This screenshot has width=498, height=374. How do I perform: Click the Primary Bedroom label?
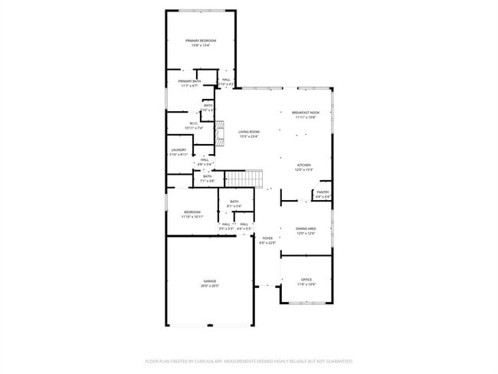pyautogui.click(x=201, y=41)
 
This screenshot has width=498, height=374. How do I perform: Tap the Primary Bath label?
pyautogui.click(x=190, y=81)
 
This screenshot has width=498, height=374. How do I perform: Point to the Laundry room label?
pyautogui.click(x=179, y=150)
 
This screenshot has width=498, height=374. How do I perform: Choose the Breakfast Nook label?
pyautogui.click(x=306, y=113)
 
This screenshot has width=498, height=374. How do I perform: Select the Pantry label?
pyautogui.click(x=323, y=192)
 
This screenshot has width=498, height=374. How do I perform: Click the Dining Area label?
pyautogui.click(x=306, y=229)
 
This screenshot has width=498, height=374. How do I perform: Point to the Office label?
pyautogui.click(x=306, y=280)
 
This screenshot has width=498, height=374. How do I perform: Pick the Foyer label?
pyautogui.click(x=267, y=238)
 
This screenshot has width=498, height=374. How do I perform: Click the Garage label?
pyautogui.click(x=209, y=281)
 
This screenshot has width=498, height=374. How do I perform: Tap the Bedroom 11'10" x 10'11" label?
pyautogui.click(x=192, y=212)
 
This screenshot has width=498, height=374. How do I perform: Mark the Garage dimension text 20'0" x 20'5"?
pyautogui.click(x=209, y=286)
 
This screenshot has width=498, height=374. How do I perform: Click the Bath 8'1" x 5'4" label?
pyautogui.click(x=234, y=202)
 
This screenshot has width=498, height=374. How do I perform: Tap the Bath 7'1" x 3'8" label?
pyautogui.click(x=207, y=176)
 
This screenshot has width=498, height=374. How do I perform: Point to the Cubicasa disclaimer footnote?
pyautogui.click(x=248, y=359)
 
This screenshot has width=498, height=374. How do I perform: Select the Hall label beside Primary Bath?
pyautogui.click(x=226, y=80)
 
